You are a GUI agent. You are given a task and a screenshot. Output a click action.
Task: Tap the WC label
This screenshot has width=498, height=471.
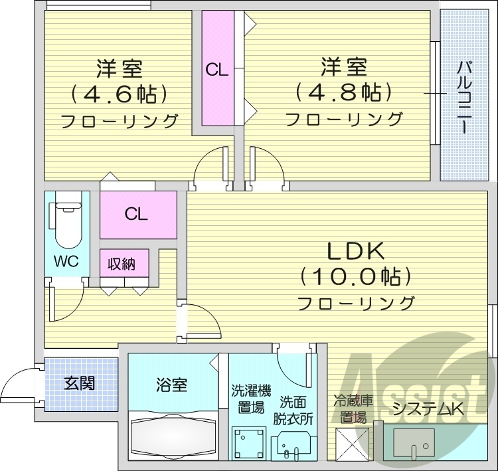66,261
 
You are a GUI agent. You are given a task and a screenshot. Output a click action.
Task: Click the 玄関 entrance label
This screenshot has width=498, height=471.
79,383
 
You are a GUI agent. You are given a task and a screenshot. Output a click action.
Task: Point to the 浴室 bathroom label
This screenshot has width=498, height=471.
172,384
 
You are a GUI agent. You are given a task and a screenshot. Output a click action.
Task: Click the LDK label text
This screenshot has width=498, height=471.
355,251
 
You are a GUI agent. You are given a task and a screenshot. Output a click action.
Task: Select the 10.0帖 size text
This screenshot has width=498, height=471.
355,276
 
